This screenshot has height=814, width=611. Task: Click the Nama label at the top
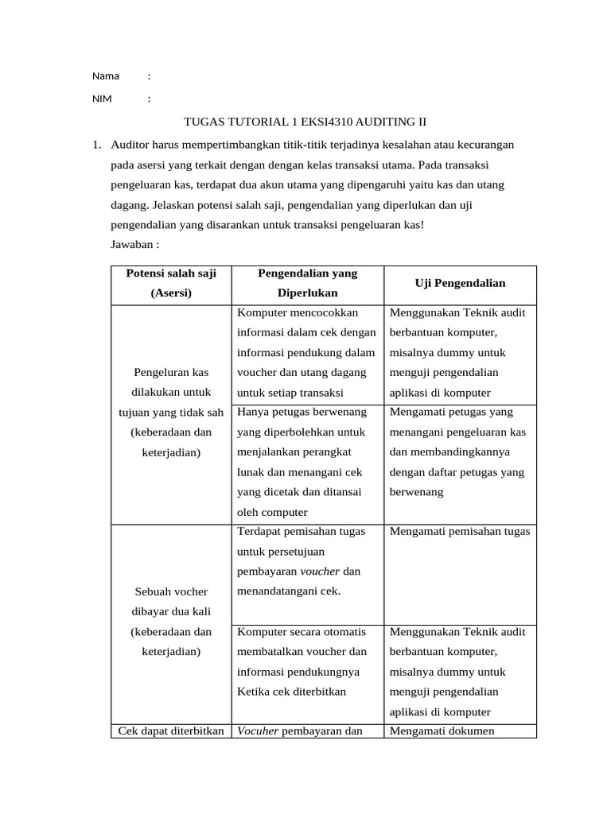point(105,76)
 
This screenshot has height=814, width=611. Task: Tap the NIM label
point(103,99)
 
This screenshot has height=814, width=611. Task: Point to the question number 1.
point(96,145)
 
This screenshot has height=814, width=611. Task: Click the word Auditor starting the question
point(133,145)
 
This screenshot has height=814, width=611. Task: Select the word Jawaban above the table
point(132,244)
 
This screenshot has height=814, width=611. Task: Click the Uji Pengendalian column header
point(460,283)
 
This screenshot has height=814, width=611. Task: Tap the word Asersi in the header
point(171,293)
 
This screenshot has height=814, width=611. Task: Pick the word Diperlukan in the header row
point(307,293)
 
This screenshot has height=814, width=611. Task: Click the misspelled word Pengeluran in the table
point(162,372)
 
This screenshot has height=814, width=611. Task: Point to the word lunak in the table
point(251,472)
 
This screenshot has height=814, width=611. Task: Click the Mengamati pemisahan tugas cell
point(460,531)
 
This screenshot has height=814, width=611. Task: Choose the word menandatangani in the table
point(277,591)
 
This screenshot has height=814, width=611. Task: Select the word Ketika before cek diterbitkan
point(254,691)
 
